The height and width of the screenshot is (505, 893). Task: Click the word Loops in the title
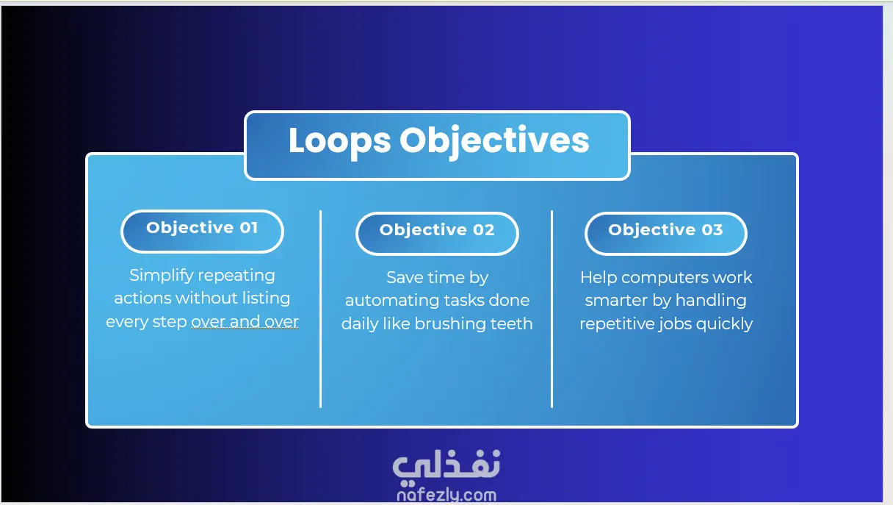point(340,141)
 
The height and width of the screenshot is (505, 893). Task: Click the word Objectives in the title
point(494,141)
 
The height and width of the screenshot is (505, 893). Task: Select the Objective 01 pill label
point(202,232)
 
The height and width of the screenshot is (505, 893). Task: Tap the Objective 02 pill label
point(437,233)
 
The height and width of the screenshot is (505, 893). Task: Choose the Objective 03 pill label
point(666,233)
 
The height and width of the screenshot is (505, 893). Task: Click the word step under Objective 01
point(170,322)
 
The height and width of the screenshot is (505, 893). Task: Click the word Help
point(599,278)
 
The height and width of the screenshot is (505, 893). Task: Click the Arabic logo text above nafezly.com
point(446,467)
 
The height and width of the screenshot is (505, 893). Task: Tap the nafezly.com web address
point(446,495)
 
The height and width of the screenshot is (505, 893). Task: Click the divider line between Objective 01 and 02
point(320,309)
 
